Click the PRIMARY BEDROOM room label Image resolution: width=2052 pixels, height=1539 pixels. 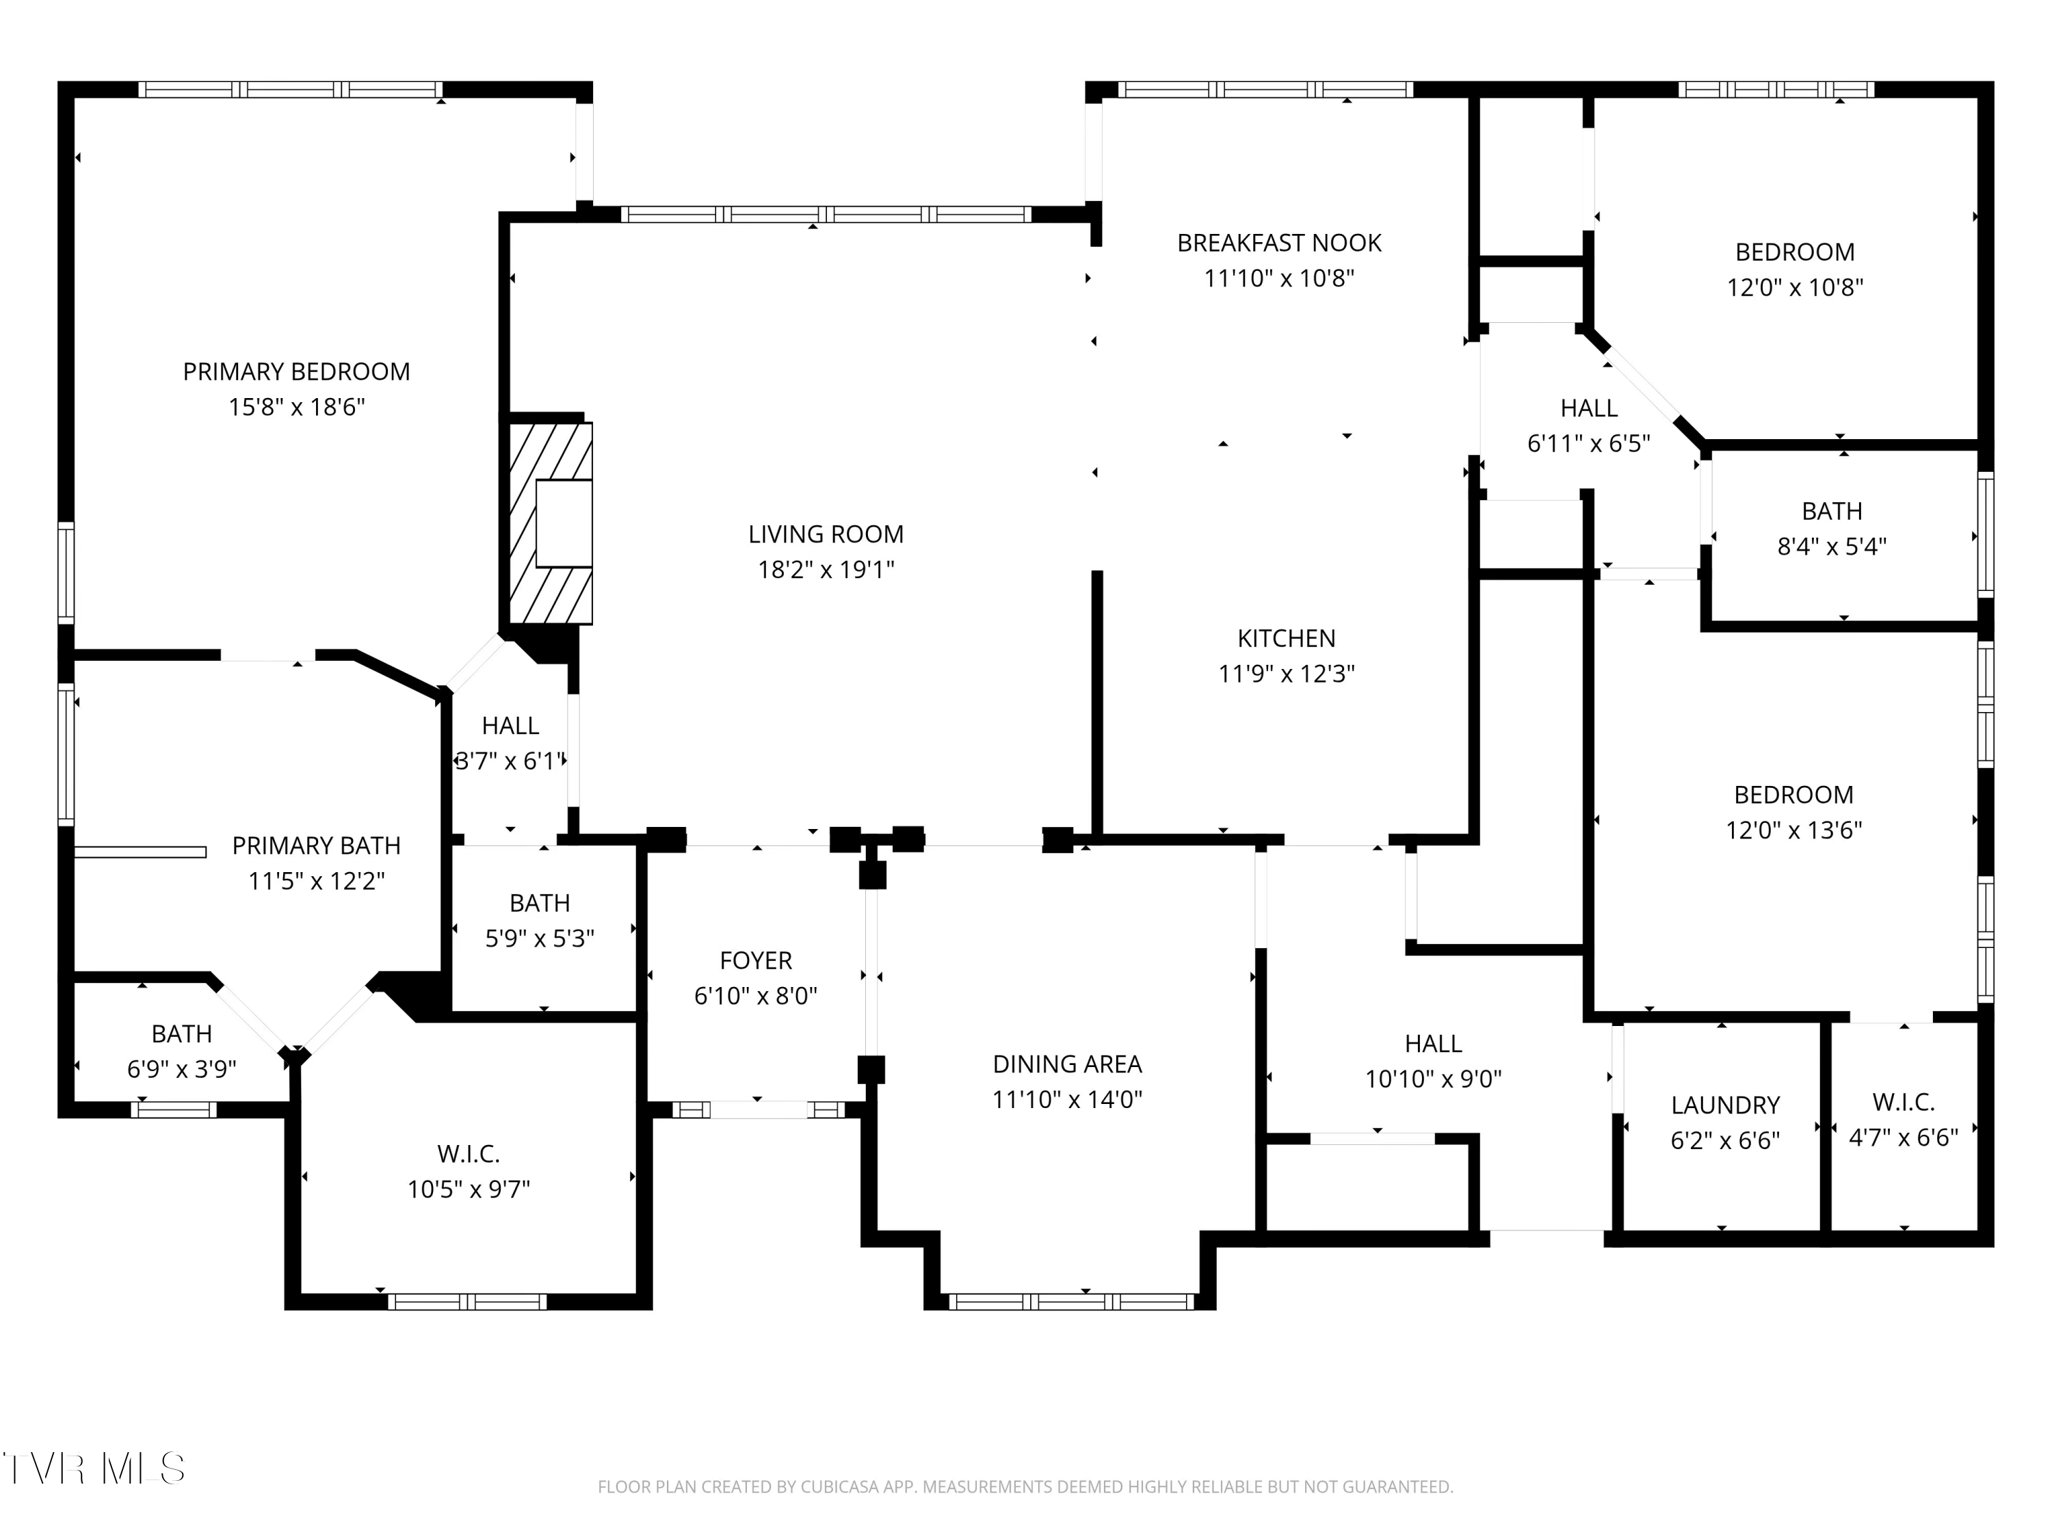(296, 372)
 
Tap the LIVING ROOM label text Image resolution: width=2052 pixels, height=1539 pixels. (826, 534)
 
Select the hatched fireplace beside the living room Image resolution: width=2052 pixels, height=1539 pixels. (550, 523)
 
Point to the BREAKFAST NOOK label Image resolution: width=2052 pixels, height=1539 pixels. (1279, 243)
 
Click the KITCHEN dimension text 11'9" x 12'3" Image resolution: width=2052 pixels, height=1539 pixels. (1287, 674)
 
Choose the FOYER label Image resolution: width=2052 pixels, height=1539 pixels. (756, 960)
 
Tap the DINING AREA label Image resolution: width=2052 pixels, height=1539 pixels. (1067, 1064)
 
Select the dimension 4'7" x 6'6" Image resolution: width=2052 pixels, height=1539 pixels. (1904, 1137)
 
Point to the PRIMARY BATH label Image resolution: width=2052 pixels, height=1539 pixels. (316, 845)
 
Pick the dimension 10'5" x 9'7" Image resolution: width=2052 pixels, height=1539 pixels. (469, 1189)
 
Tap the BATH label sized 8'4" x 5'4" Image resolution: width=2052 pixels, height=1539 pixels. (1832, 511)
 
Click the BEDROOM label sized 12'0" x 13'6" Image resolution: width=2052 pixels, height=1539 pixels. (1794, 795)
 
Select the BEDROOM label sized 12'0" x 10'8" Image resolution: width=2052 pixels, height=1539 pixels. (1795, 252)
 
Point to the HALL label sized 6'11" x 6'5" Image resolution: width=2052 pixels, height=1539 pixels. (1589, 408)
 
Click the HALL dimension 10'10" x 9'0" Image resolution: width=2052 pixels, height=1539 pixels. (1433, 1079)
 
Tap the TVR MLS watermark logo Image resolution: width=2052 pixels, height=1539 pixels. (94, 1469)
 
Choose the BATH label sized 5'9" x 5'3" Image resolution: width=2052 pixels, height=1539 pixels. (540, 903)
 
